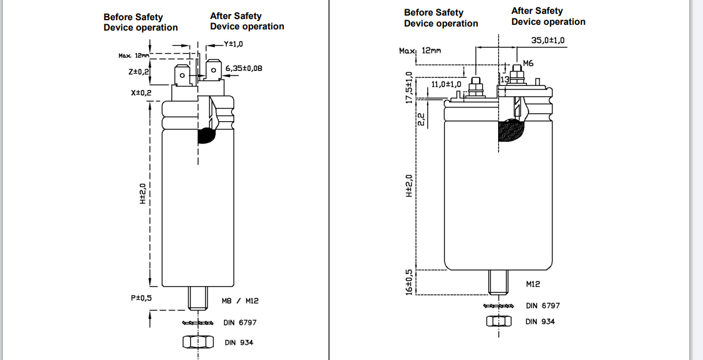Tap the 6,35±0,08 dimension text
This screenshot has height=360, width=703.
click(244, 68)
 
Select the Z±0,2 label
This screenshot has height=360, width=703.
click(139, 72)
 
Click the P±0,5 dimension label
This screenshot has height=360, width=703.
click(141, 298)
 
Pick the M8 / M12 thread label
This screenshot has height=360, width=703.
click(240, 301)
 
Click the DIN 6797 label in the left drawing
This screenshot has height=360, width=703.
click(240, 322)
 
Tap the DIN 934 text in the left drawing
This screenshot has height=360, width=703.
click(239, 343)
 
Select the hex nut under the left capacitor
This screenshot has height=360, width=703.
click(194, 342)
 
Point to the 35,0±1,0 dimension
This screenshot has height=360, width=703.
click(548, 40)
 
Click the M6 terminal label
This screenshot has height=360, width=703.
click(529, 63)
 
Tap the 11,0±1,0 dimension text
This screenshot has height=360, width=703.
click(446, 84)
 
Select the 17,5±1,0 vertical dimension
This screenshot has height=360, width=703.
click(409, 87)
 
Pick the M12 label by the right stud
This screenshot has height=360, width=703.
click(533, 284)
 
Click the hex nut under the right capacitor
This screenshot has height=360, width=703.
click(499, 321)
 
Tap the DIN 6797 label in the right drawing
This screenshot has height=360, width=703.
click(543, 306)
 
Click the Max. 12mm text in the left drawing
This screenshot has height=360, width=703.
click(133, 55)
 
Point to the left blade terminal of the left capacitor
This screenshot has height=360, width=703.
click(182, 76)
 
